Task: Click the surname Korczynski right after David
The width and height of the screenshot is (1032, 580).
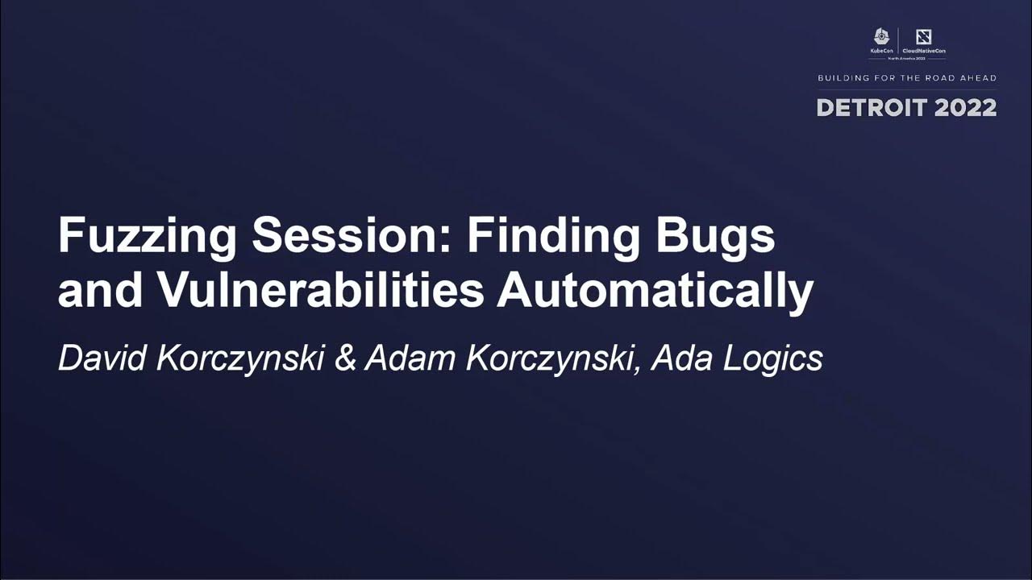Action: click(239, 359)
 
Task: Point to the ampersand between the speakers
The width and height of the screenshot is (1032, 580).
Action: click(344, 358)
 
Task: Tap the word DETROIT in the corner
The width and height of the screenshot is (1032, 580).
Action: click(873, 108)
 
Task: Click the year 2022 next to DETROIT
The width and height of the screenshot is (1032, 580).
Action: click(966, 108)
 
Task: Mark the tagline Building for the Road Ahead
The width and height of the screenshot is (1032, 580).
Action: click(907, 78)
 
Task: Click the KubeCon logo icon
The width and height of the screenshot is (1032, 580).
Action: click(881, 37)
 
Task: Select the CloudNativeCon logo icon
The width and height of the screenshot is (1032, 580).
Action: click(924, 37)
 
